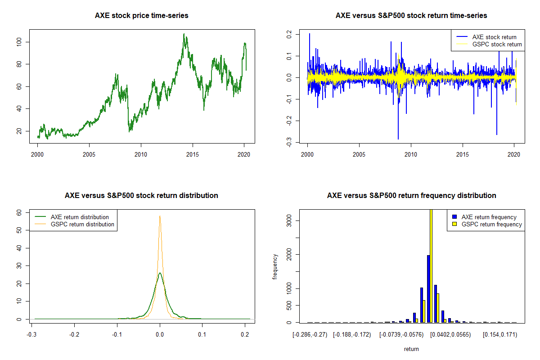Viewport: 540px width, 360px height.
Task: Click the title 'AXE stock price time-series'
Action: coord(142,16)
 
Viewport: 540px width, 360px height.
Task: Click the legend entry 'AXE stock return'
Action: coord(494,37)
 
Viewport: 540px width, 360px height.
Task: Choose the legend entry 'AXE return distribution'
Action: coord(80,217)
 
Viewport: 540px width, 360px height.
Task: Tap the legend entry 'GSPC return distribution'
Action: coord(82,224)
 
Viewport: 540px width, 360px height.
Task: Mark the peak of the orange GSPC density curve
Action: coord(160,216)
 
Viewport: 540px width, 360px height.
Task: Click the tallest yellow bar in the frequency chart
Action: coord(431,265)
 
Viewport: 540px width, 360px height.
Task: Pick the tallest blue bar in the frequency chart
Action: coord(428,288)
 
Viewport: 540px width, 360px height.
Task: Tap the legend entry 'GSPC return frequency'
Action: coord(491,224)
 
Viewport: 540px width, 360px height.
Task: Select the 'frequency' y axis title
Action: coord(275,266)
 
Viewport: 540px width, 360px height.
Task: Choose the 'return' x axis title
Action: coord(411,349)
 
